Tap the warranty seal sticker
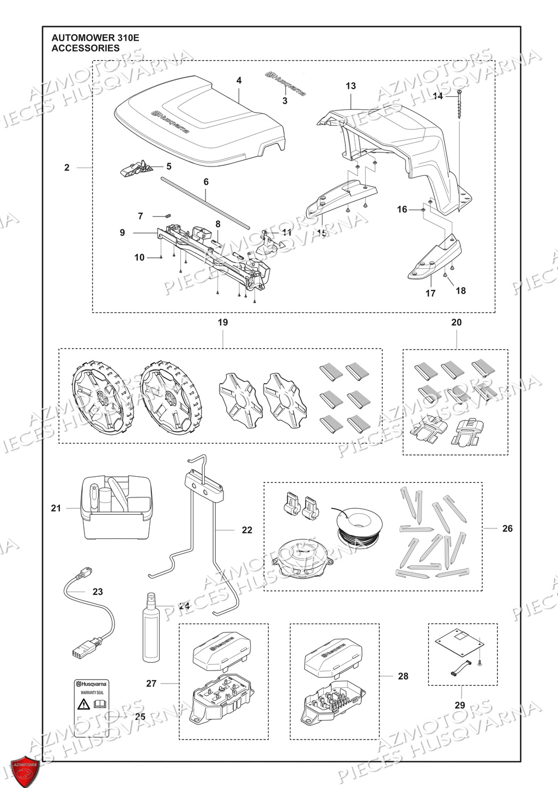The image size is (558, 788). click(x=92, y=707)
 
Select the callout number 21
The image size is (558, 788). click(x=56, y=508)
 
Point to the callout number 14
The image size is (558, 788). click(x=438, y=96)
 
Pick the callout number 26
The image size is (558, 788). click(x=507, y=528)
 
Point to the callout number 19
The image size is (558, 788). click(x=222, y=322)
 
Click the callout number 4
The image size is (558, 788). click(x=239, y=81)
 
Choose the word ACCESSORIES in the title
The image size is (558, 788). click(x=85, y=48)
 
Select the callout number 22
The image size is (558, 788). click(x=247, y=530)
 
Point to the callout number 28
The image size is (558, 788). click(x=403, y=676)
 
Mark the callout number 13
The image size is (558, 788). click(x=350, y=86)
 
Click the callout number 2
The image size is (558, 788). click(x=67, y=168)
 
